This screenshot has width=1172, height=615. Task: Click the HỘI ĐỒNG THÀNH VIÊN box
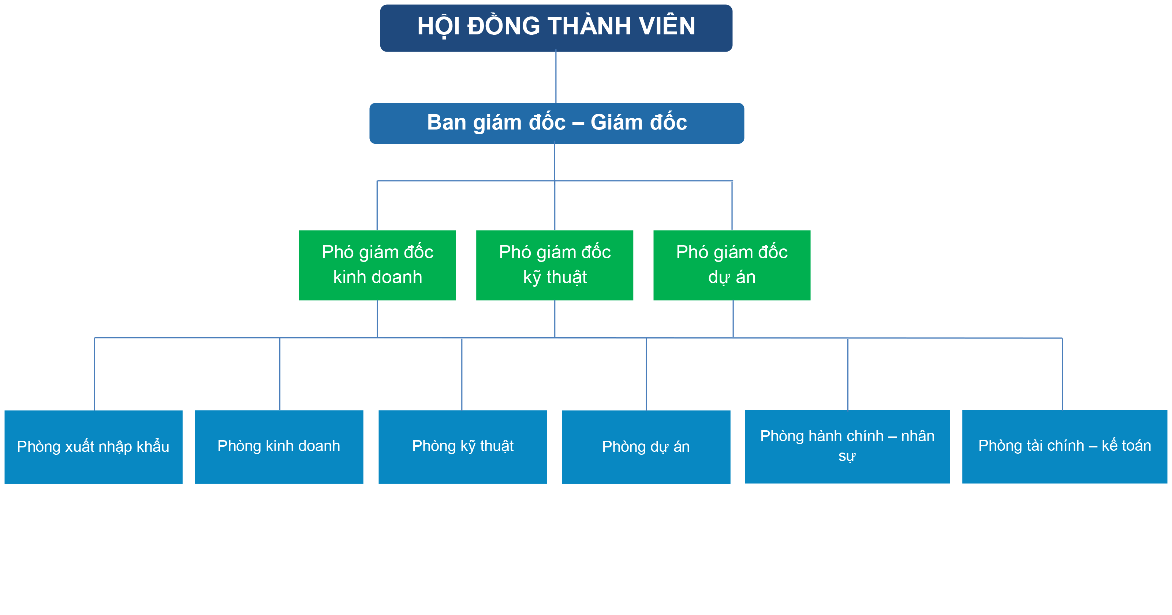click(x=556, y=28)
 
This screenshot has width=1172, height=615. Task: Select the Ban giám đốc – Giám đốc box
click(x=556, y=123)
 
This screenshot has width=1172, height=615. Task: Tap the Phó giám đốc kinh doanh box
click(x=377, y=265)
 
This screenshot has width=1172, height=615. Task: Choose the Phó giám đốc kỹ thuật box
click(x=554, y=265)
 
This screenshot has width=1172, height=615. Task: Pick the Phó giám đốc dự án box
click(x=732, y=265)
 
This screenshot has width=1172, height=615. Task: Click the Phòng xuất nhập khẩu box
click(x=93, y=447)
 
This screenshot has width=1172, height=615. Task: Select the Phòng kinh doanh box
click(x=279, y=447)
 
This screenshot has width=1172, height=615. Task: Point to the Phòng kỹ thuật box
click(x=463, y=447)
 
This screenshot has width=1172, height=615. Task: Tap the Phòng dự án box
click(x=646, y=447)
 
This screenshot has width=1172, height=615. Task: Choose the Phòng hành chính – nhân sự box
click(x=847, y=446)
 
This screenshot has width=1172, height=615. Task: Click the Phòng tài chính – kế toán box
click(x=1065, y=446)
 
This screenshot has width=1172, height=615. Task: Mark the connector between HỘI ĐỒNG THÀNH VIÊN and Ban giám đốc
click(x=556, y=77)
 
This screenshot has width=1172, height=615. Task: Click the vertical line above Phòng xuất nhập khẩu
click(x=95, y=374)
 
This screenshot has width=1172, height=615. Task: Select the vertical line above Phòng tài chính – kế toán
click(x=1062, y=374)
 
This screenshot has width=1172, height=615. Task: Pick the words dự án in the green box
click(x=732, y=277)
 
